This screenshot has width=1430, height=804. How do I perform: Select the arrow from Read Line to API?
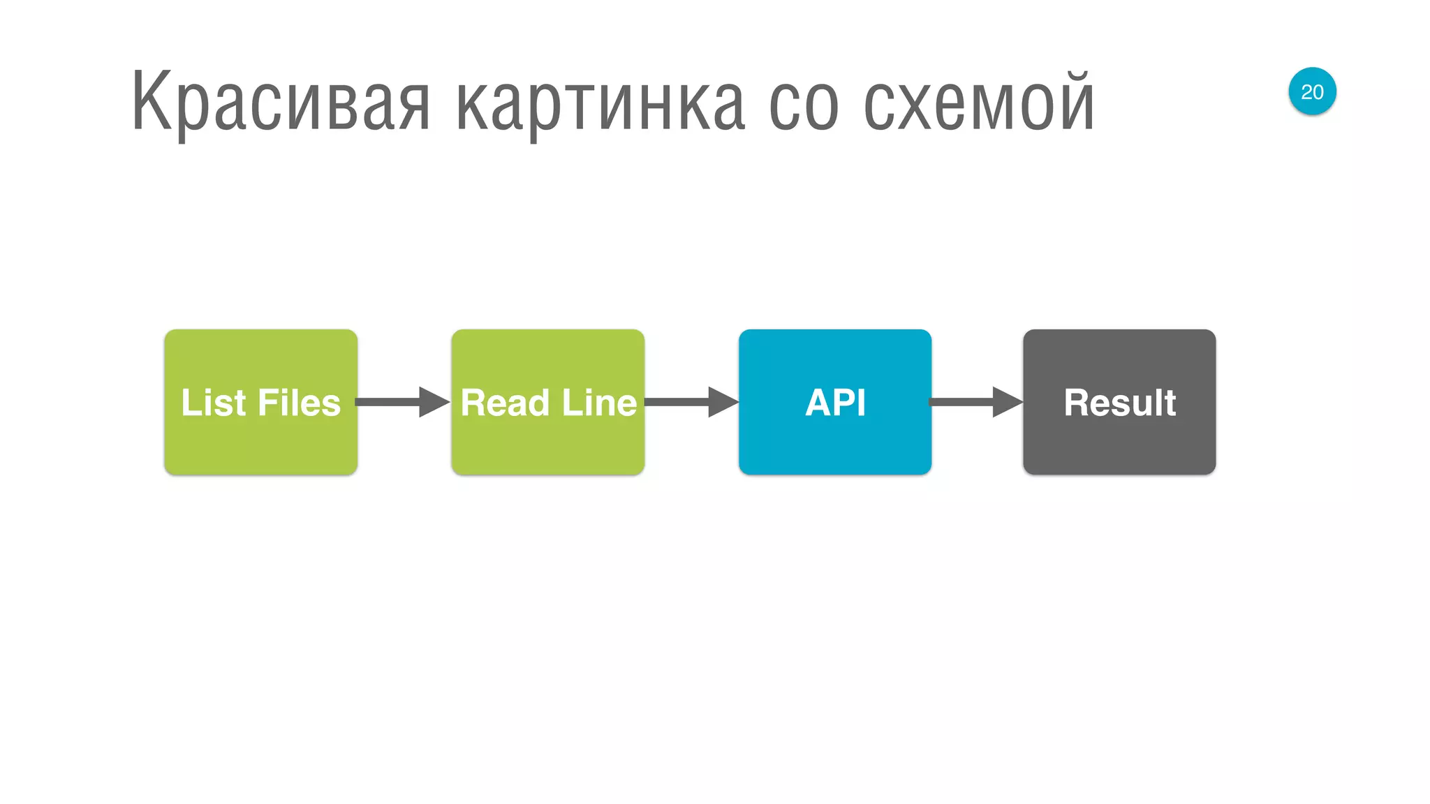691,402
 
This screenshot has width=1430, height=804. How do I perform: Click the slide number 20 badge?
1312,91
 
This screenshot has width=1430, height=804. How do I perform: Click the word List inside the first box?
213,403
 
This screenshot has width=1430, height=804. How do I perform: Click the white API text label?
835,403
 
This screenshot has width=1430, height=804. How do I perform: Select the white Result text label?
1120,403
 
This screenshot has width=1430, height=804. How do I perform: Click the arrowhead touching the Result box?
1008,402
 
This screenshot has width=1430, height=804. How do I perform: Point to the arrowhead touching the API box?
723,402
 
